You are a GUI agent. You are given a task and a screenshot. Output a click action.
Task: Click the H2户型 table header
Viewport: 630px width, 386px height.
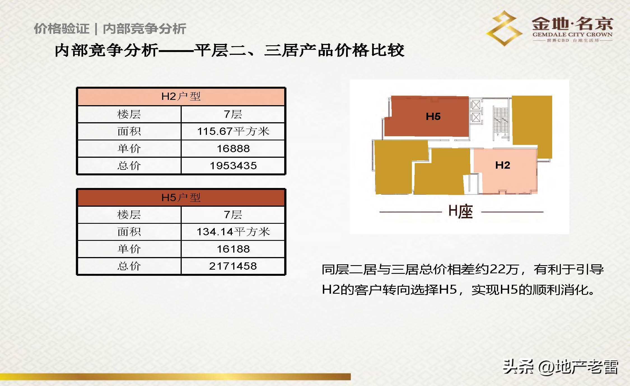tap(181, 96)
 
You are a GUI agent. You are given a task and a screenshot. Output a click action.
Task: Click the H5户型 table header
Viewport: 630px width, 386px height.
tap(181, 198)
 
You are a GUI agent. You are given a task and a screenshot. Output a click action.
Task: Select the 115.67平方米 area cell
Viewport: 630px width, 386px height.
tap(233, 131)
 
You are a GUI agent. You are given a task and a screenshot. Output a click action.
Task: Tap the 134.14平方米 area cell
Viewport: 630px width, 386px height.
tap(233, 232)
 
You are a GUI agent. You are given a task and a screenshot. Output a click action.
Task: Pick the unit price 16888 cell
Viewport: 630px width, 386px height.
tap(233, 149)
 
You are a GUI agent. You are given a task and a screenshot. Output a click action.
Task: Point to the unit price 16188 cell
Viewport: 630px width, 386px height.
tap(233, 249)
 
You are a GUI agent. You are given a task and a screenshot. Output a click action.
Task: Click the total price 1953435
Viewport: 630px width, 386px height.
tap(233, 166)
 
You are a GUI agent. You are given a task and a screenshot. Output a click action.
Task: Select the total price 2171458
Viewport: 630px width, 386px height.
tap(233, 266)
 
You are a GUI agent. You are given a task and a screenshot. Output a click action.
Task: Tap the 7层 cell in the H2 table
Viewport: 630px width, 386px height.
tap(233, 114)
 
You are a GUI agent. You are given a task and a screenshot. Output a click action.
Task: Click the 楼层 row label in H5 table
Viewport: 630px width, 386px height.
tap(129, 215)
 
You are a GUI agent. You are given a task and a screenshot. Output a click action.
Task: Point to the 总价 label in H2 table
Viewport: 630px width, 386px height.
tap(129, 166)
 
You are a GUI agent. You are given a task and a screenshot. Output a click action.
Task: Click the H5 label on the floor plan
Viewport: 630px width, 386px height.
tap(433, 116)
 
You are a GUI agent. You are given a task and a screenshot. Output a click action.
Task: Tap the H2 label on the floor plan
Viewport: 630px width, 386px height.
tap(503, 165)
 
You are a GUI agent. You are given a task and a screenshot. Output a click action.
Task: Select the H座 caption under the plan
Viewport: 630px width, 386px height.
tap(461, 211)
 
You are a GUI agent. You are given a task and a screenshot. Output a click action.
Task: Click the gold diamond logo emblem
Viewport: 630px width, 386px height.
tap(504, 28)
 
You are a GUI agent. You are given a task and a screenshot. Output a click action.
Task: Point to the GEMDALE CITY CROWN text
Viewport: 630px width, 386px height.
tap(572, 35)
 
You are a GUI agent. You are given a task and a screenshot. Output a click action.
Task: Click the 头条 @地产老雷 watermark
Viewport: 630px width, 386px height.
tap(560, 367)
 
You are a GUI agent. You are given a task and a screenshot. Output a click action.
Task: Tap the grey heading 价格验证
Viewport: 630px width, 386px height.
tap(61, 29)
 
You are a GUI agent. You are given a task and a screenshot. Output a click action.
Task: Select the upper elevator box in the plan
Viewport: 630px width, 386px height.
tap(475, 105)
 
